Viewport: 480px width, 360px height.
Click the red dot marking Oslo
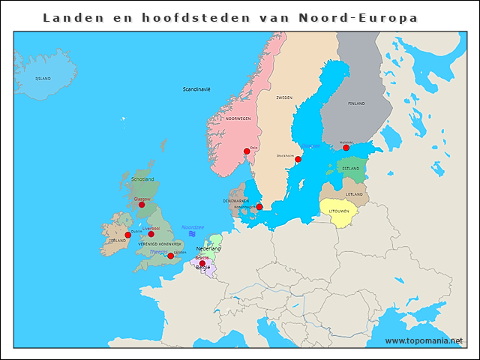click(x=247, y=151)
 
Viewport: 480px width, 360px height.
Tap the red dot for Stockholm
click(x=298, y=159)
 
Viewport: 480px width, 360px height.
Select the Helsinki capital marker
click(x=346, y=148)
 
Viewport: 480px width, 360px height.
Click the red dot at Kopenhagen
click(x=259, y=207)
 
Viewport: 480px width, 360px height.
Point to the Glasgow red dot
click(x=142, y=204)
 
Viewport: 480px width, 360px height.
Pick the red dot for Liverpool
click(x=151, y=234)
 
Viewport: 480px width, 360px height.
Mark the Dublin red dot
click(x=127, y=235)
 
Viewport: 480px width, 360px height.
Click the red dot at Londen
click(x=170, y=256)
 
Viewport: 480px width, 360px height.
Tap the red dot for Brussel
click(x=202, y=263)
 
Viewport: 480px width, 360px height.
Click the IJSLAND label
click(x=43, y=78)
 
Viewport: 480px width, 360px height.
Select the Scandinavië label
click(x=196, y=89)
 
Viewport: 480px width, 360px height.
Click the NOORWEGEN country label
click(x=238, y=118)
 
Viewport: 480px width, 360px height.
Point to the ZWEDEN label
click(x=284, y=97)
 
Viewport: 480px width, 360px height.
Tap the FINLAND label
click(x=356, y=103)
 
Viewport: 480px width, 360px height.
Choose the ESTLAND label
click(x=350, y=169)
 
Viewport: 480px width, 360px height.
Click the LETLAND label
click(x=354, y=194)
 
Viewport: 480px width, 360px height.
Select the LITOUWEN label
click(x=340, y=211)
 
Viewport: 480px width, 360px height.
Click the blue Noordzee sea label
click(x=193, y=226)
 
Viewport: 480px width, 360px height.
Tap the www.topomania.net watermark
click(x=424, y=340)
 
